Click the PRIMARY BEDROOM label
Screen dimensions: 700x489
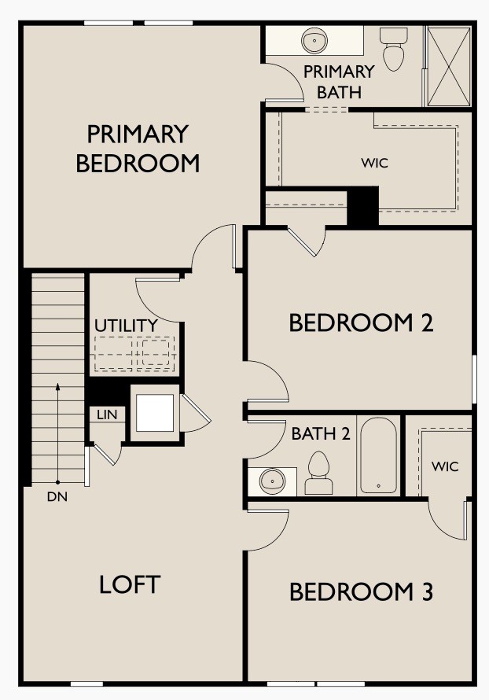(138, 149)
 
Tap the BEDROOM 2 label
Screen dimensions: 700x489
(361, 323)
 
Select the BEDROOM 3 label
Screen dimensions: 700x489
(361, 591)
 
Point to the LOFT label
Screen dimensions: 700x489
(130, 584)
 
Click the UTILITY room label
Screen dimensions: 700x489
(126, 325)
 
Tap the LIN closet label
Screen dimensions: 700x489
(106, 414)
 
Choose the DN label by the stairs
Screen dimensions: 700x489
(57, 496)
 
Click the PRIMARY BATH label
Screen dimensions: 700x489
(339, 81)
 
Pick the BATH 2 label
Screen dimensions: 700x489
(320, 433)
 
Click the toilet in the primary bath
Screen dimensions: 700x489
(392, 49)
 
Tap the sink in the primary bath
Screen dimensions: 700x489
(315, 40)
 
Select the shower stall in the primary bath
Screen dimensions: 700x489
(448, 66)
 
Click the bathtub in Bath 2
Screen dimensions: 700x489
(378, 455)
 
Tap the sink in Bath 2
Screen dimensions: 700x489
(272, 480)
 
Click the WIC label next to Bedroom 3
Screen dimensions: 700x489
(444, 466)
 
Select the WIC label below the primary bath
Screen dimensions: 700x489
(375, 164)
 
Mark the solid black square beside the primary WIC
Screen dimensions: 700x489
(362, 206)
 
